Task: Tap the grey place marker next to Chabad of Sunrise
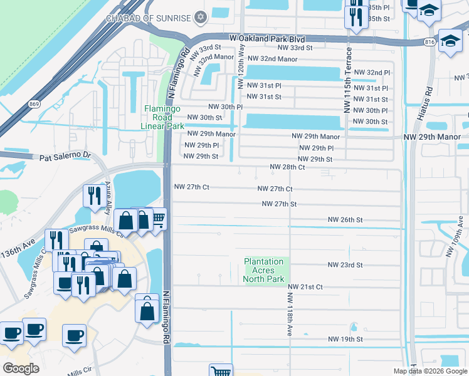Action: pos(201,17)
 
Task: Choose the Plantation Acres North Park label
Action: pos(264,270)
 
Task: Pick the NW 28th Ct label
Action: pos(287,167)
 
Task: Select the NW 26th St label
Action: pos(345,220)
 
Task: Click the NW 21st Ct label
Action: pos(305,286)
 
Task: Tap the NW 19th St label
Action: pos(345,339)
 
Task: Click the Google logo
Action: pos(21,368)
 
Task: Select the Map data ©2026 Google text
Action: pos(429,371)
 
